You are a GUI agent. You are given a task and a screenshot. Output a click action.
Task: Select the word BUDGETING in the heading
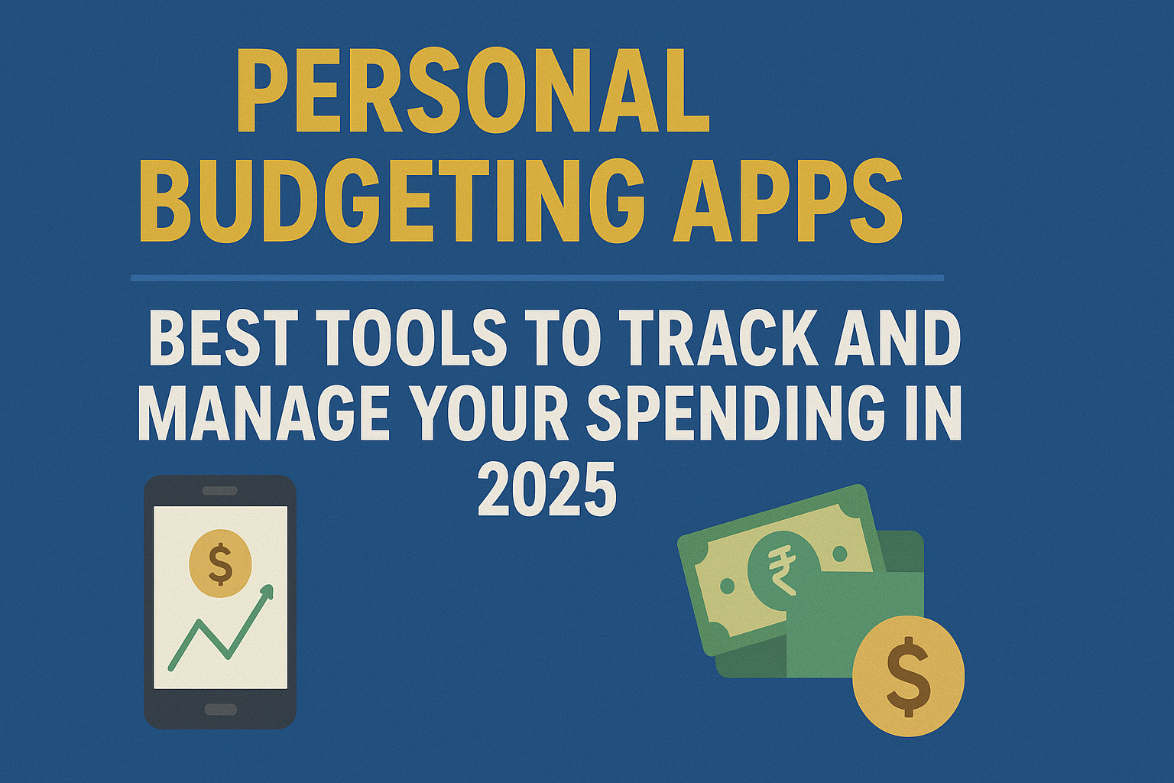(x=391, y=200)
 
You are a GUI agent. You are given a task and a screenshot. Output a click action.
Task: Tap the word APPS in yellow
(x=787, y=200)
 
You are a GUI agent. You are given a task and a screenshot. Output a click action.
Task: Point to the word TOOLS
(x=411, y=339)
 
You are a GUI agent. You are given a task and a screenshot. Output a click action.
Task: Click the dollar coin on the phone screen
(x=220, y=564)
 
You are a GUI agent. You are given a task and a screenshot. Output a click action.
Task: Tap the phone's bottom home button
(x=220, y=709)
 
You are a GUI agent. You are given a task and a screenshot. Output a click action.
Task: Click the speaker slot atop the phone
(x=220, y=490)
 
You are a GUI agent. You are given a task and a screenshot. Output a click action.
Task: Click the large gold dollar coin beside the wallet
(x=908, y=676)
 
